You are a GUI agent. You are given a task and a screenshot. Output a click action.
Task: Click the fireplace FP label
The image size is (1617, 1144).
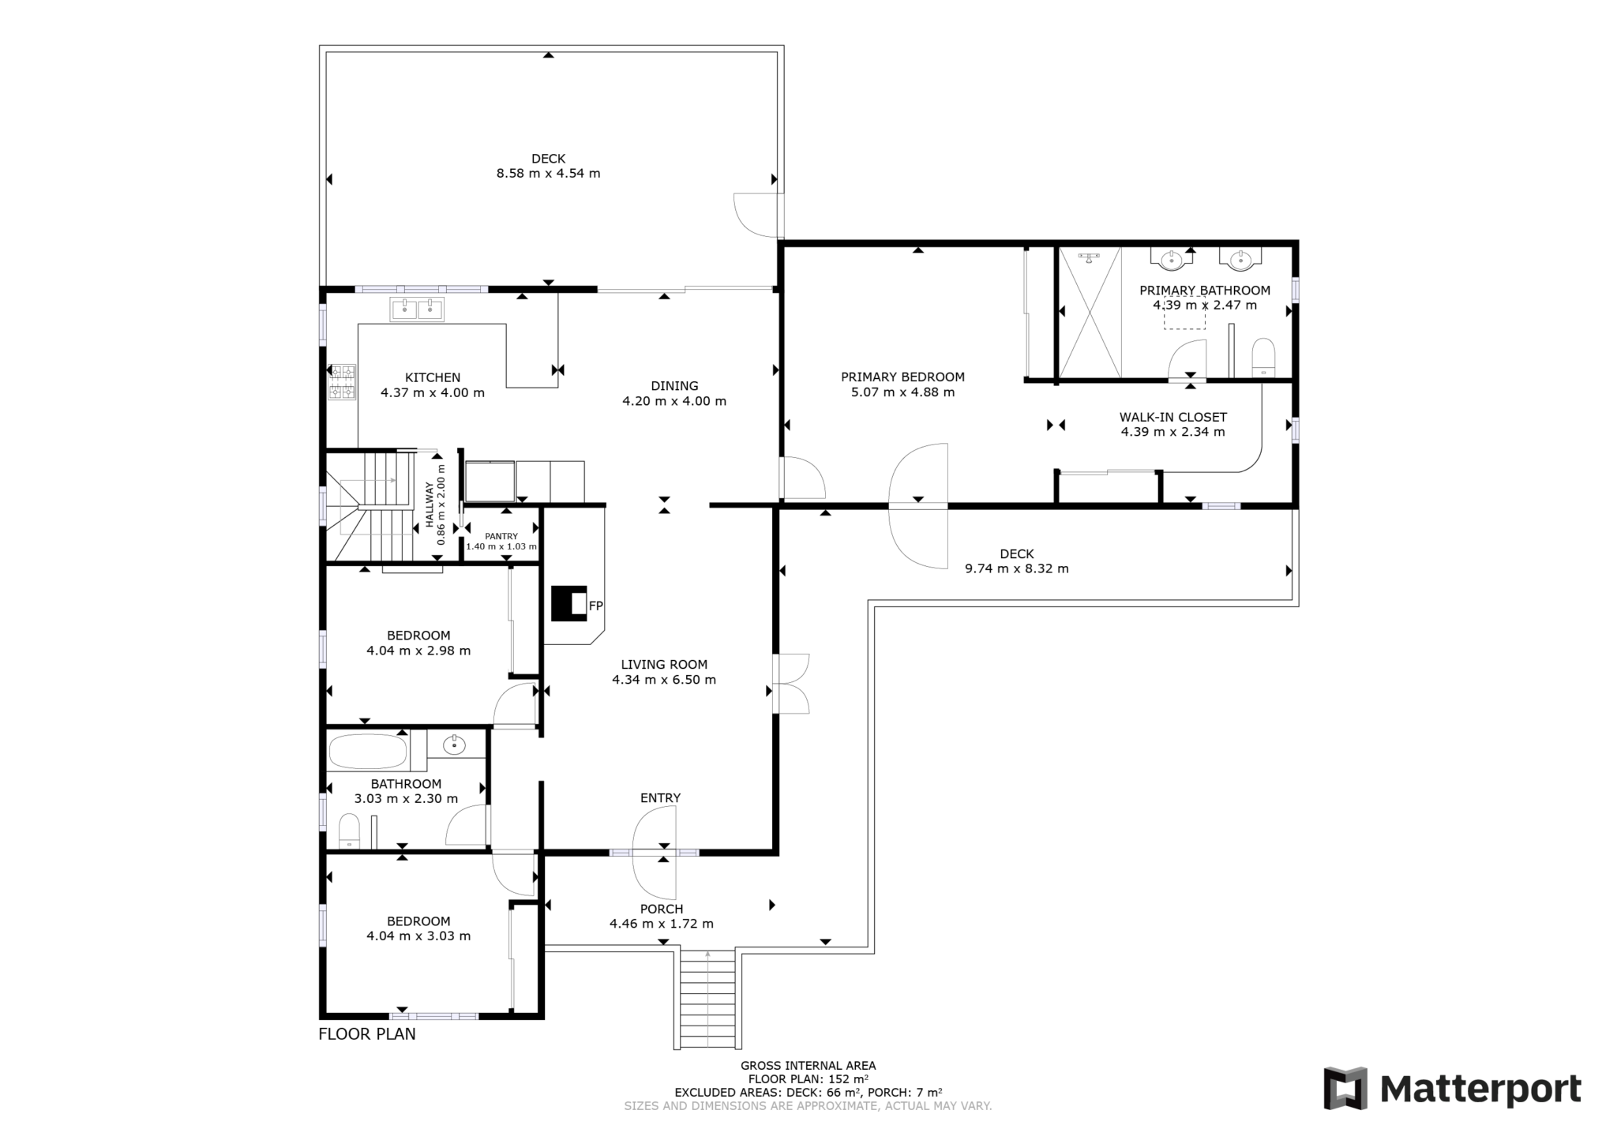(595, 606)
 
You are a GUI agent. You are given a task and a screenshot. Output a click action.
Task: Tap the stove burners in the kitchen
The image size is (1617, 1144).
(343, 381)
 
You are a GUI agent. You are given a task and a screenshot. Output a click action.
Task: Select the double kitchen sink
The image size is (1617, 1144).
(417, 309)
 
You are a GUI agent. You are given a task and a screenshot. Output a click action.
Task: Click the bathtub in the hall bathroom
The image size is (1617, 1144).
(367, 751)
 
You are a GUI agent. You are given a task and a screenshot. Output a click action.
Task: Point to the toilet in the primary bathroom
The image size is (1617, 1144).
(1263, 358)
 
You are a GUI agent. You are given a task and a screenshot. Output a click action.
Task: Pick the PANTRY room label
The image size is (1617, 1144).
(501, 536)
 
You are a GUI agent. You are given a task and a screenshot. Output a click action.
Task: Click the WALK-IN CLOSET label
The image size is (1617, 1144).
(1172, 417)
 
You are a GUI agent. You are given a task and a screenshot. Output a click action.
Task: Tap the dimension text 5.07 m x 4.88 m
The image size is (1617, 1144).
(902, 392)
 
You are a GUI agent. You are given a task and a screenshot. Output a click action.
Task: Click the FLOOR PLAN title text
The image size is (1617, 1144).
(366, 1033)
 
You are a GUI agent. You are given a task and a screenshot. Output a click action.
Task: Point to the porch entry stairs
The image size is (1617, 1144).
(707, 999)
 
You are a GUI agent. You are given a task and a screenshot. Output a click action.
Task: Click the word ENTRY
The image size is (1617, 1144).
(660, 797)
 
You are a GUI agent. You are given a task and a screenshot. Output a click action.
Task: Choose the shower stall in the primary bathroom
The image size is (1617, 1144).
(1089, 313)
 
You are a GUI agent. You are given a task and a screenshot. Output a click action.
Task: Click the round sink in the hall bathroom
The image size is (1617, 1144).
(454, 744)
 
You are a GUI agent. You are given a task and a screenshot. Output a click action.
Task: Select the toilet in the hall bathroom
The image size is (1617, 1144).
(349, 831)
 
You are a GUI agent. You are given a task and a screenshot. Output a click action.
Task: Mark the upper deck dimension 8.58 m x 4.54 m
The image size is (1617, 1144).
(548, 173)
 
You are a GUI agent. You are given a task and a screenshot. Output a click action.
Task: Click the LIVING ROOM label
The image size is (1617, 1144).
(663, 664)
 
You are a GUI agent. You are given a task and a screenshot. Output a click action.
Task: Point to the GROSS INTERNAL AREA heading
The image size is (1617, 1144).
(808, 1065)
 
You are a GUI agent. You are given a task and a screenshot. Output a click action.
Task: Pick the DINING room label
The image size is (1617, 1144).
(674, 385)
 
